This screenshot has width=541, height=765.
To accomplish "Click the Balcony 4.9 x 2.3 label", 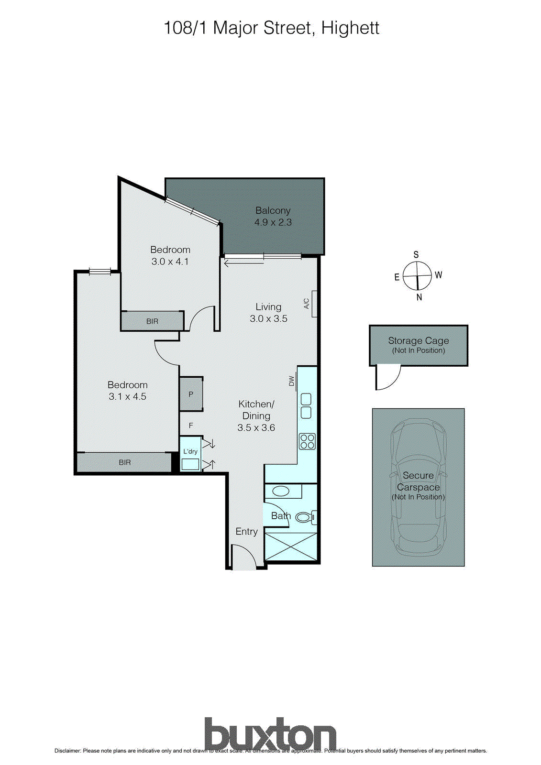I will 273,216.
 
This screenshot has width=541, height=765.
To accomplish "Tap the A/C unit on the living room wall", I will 314,304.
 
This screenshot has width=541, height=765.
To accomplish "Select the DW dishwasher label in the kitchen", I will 291,381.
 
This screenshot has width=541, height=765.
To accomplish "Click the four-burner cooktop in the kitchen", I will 307,441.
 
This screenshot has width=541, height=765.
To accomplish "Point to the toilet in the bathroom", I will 304,517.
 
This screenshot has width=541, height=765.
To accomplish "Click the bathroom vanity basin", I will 280,491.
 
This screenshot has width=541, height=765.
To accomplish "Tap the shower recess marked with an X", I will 290,546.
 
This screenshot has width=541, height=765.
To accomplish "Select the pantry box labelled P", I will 191,394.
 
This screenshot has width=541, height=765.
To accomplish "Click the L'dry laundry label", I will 190,451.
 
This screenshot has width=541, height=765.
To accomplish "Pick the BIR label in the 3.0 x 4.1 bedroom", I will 152,321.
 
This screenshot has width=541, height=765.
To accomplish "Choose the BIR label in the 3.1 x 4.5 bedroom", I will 124,462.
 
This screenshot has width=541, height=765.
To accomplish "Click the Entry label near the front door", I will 246,532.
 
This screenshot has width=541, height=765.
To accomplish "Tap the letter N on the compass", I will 420,297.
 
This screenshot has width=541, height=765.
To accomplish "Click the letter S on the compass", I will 416,255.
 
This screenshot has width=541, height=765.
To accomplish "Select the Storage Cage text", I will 418,341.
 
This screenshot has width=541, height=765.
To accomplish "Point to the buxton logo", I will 270,734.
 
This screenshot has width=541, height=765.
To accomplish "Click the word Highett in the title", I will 350,28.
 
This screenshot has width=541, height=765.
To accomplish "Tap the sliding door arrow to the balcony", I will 243,262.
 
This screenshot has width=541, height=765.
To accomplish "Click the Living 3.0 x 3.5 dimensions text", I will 268,319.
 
